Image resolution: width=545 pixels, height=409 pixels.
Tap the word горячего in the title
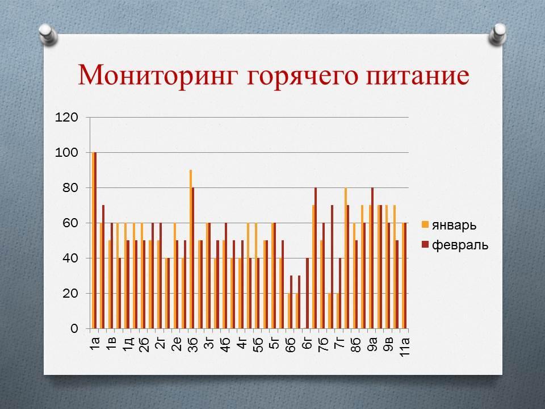[303, 77]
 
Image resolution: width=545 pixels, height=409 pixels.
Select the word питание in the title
[417, 76]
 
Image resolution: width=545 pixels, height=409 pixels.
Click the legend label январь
[454, 225]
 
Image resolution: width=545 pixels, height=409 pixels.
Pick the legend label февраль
[460, 245]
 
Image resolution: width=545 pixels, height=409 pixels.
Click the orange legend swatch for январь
[425, 224]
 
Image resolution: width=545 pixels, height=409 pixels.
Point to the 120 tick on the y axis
[66, 117]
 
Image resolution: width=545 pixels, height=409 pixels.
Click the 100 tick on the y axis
[66, 152]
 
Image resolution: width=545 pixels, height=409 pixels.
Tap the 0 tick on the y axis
[74, 328]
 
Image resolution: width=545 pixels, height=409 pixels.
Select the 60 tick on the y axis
[70, 223]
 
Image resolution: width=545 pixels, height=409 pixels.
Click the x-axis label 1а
[95, 343]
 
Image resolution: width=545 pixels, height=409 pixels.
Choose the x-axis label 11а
[405, 347]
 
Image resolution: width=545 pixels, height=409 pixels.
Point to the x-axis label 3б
[192, 345]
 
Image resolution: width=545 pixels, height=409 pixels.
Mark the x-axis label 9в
[388, 345]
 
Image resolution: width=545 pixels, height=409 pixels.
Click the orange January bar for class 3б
[191, 249]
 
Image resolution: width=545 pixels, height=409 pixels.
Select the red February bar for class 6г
[307, 293]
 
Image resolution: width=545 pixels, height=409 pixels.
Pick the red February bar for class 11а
[405, 276]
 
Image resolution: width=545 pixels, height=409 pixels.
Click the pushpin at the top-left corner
[48, 34]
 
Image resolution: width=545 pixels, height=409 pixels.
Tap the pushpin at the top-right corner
[497, 34]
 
